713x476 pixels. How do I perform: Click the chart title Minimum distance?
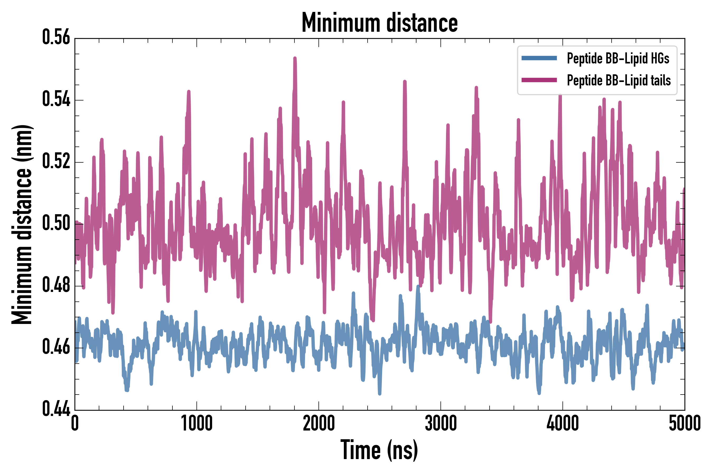pyautogui.click(x=379, y=23)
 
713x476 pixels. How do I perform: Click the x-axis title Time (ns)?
pyautogui.click(x=379, y=450)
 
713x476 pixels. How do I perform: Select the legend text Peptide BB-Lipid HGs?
pyautogui.click(x=618, y=58)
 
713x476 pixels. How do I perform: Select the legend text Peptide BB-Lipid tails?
pyautogui.click(x=619, y=80)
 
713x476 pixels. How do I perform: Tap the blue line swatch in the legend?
pyautogui.click(x=539, y=58)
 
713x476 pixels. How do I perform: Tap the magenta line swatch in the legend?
pyautogui.click(x=539, y=80)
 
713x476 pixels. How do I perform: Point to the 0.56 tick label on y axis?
pyautogui.click(x=56, y=37)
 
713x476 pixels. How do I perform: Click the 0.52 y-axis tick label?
pyautogui.click(x=56, y=161)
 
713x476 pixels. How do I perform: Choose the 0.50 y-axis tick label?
pyautogui.click(x=56, y=223)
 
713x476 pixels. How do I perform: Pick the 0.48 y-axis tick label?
pyautogui.click(x=56, y=285)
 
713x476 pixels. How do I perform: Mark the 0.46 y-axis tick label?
pyautogui.click(x=56, y=347)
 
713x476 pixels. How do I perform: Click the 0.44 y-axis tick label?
pyautogui.click(x=56, y=409)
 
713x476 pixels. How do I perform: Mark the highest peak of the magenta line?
pyautogui.click(x=295, y=58)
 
